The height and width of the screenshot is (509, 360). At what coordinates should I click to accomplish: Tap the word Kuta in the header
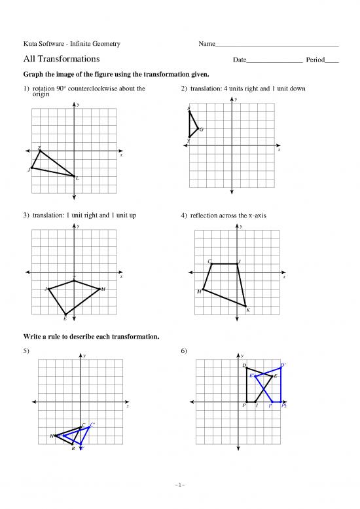(x=30, y=45)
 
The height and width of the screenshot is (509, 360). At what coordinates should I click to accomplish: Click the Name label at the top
(x=206, y=45)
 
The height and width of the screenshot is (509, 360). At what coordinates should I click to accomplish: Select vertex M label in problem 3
(x=103, y=289)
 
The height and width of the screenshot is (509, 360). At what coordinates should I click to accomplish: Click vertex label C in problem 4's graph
(x=209, y=261)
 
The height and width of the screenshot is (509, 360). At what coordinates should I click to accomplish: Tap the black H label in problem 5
(x=52, y=436)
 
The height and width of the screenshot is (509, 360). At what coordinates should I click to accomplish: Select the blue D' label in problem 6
(x=282, y=365)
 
